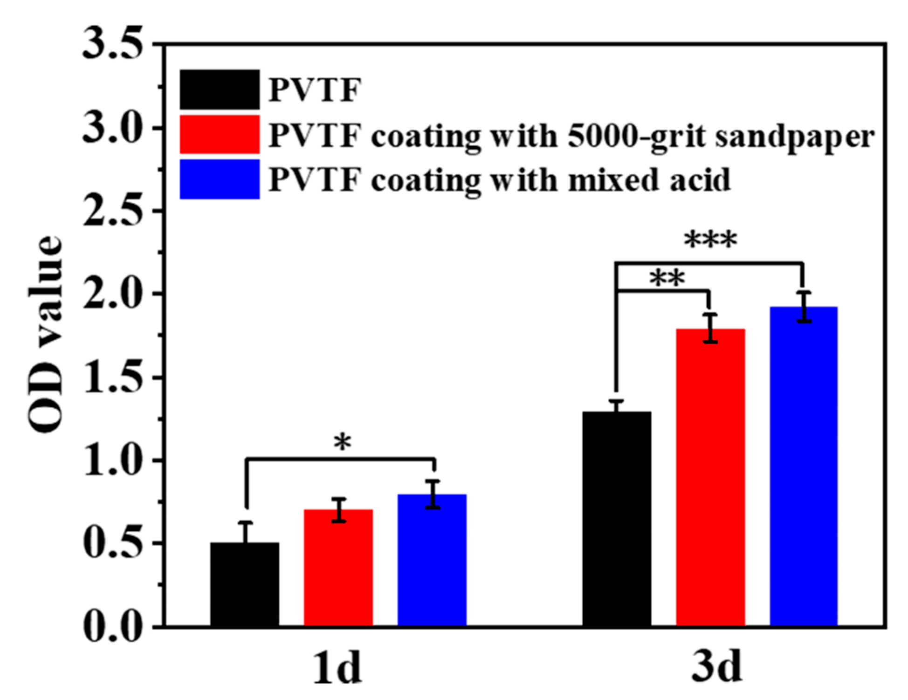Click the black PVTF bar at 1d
245,584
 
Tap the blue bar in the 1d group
432,560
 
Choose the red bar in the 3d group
710,477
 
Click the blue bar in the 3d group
804,466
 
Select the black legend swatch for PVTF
220,89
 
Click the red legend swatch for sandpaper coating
220,135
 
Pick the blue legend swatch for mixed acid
220,179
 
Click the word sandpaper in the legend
794,137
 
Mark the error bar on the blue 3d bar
804,307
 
